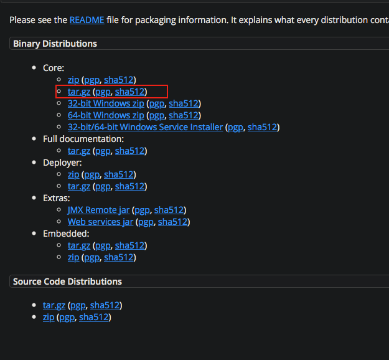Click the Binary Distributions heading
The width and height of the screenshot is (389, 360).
55,44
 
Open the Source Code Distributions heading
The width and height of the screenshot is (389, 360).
67,282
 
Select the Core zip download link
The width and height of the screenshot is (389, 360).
73,80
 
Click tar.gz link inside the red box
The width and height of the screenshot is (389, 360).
79,92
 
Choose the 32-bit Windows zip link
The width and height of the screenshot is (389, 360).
106,103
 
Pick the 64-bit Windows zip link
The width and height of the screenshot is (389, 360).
106,115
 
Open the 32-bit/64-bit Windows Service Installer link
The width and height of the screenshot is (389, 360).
145,127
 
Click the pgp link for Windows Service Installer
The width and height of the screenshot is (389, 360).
235,127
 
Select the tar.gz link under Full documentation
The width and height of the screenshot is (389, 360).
79,151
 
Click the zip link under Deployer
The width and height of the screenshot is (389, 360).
73,174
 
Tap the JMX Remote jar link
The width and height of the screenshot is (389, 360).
98,210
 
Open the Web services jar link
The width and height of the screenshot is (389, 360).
100,222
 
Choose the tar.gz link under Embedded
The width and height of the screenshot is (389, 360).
79,245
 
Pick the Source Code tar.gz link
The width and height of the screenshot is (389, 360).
54,305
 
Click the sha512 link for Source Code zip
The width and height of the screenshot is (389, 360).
94,317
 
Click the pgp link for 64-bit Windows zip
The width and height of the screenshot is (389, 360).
157,115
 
